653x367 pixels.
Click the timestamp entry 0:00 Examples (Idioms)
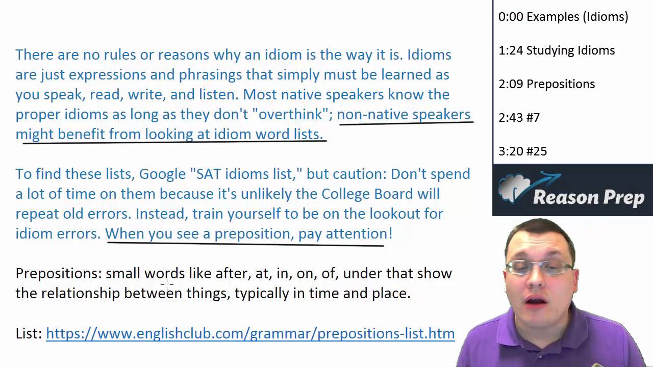click(x=563, y=17)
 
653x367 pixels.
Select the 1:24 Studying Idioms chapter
click(x=557, y=50)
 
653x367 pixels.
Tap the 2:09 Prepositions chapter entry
click(x=546, y=84)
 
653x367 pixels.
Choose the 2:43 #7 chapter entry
click(x=519, y=118)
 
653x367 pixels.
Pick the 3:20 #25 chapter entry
click(x=522, y=151)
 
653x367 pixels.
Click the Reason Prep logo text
click(x=588, y=197)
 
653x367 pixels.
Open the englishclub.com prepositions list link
click(x=250, y=333)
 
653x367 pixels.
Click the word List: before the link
click(x=29, y=333)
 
